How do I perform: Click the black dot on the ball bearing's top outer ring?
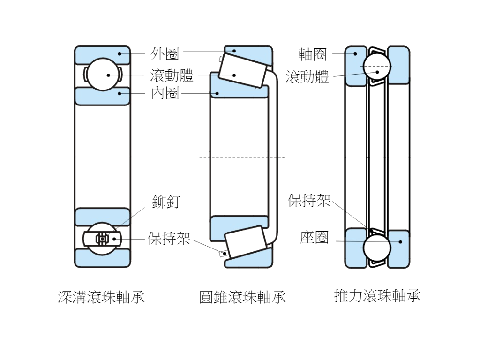coord(120,54)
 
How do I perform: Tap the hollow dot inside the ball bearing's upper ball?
coord(108,75)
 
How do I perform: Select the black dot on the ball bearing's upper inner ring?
coord(120,93)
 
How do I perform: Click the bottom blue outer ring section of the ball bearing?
coord(102,258)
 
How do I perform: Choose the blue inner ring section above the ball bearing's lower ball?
coord(102,216)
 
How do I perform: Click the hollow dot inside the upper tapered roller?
coord(234,75)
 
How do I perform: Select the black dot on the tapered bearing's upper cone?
coord(217,94)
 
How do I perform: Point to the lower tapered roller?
coord(245,241)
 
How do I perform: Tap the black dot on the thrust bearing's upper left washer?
coord(355,54)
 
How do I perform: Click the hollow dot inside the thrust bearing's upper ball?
coord(376,72)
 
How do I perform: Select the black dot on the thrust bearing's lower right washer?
coord(400,242)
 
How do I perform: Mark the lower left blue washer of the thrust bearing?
coord(354,248)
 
